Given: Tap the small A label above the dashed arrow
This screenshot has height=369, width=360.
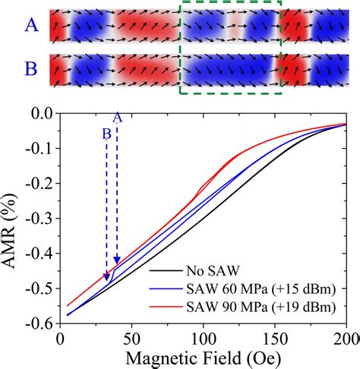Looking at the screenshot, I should click(x=116, y=117).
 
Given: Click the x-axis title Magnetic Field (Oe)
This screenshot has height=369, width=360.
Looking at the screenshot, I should click(x=201, y=357).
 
